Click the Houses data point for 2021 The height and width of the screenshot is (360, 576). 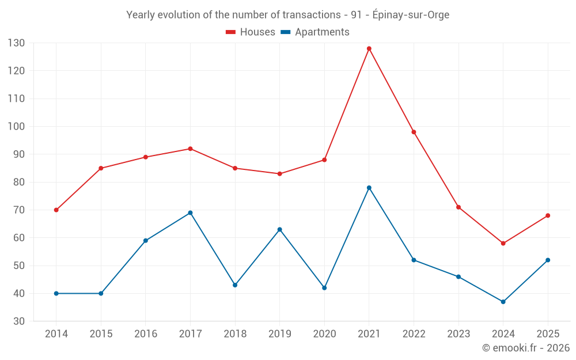pos(369,48)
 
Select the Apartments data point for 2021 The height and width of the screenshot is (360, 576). pos(369,188)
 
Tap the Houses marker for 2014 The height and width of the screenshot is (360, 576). pos(56,210)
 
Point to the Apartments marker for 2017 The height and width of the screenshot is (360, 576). pos(190,213)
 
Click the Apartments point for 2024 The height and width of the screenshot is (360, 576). pos(503,302)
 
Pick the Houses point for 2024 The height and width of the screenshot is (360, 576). pos(503,243)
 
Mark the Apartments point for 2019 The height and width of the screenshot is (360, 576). pos(280,229)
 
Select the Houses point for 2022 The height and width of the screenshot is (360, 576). pos(414,132)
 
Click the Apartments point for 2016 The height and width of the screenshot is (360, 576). pos(146,241)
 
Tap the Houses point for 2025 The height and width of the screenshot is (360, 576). pos(548,215)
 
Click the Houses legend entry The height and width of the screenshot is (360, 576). pos(251,32)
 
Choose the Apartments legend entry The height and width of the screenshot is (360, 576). pos(315,32)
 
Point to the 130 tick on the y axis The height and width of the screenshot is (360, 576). pos(16,43)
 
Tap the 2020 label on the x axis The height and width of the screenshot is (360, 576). pos(324,334)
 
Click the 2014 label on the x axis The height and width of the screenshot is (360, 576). pos(56,334)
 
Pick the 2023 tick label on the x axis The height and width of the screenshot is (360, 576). pos(458,334)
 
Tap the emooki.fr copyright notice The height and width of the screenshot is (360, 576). pos(525,348)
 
